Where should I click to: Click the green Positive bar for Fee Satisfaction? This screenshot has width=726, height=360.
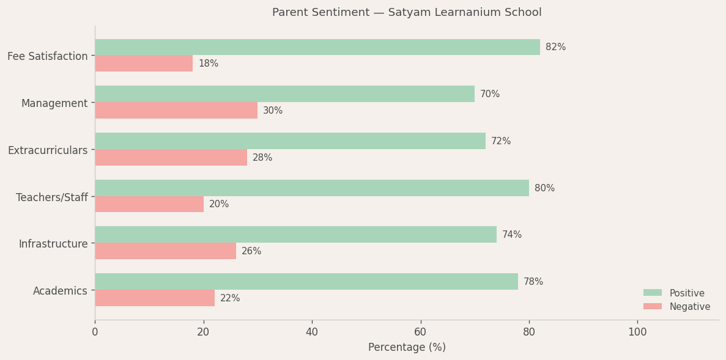coord(317,47)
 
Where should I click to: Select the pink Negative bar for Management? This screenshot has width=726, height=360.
coord(176,111)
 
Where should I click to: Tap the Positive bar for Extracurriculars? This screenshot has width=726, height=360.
coord(290,141)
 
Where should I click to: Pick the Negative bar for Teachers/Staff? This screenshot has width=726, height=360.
coord(149,204)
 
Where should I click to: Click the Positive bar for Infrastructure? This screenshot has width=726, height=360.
coord(295,235)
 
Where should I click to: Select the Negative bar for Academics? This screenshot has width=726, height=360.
coord(155,298)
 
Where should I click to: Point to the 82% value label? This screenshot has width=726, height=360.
coord(555,47)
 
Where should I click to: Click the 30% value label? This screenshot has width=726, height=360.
coord(273,111)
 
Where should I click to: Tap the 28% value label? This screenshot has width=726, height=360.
coord(262,158)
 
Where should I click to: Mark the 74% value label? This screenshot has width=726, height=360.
coord(512,235)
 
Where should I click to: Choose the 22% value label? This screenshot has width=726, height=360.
coord(230,298)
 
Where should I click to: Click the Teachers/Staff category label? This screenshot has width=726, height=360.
coord(52,197)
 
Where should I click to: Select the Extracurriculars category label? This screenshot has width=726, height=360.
coord(48,150)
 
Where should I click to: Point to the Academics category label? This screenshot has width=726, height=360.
coord(60,291)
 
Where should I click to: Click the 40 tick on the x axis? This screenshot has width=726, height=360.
coord(312,332)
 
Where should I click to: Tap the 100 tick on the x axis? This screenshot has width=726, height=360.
coord(637,332)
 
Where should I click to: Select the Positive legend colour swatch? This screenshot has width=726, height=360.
coord(653,293)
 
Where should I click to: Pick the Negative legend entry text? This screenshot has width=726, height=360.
coord(690,307)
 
